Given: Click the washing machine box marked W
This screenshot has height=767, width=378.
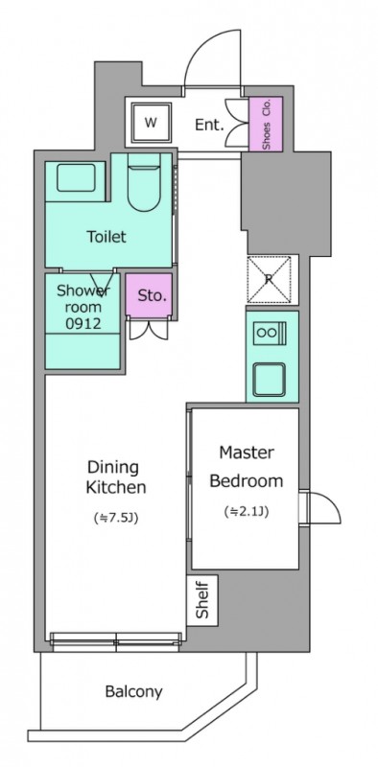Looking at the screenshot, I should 151,123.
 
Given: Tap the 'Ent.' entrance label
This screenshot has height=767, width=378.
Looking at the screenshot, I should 209,124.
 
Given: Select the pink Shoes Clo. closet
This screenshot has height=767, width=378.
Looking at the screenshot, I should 267,124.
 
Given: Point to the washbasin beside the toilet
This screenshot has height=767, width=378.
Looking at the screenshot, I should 75,176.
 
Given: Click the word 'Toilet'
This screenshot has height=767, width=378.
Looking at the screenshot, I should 107,236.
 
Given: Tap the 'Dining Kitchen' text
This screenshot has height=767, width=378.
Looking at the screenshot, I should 113,477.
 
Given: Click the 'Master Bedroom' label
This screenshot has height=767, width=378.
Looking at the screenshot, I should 247,466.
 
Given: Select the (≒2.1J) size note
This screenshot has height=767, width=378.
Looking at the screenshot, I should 247,510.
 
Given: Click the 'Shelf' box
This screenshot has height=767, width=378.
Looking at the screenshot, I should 201,600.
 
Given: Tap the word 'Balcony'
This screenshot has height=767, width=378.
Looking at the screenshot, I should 133,691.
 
